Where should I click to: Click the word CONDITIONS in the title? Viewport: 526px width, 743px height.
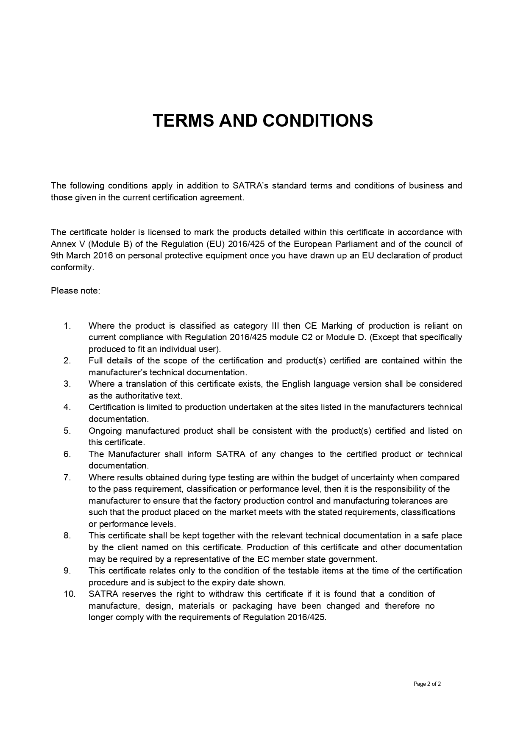317,121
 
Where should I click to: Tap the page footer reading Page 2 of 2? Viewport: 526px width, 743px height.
427,684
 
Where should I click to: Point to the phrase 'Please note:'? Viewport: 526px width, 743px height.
75,291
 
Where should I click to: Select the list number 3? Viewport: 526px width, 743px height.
67,384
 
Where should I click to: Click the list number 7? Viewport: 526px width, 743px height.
67,477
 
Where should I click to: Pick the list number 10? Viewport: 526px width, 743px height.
70,594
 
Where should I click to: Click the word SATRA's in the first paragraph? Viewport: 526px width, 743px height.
250,186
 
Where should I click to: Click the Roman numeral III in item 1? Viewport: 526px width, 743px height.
275,326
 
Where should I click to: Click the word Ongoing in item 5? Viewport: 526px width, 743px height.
105,431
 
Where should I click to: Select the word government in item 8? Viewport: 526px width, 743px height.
355,559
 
